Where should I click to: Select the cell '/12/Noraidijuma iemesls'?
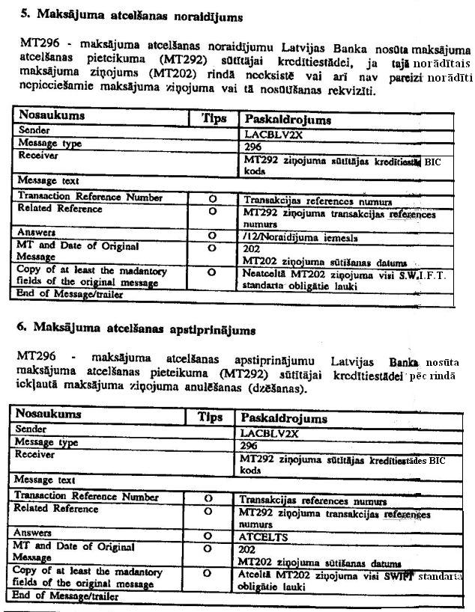(289, 239)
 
